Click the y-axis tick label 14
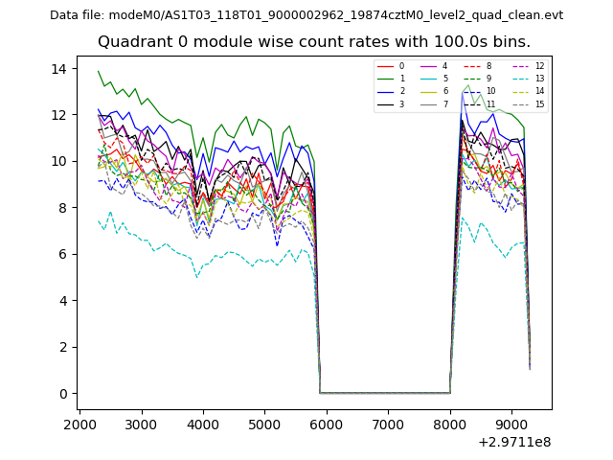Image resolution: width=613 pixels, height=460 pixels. click(57, 69)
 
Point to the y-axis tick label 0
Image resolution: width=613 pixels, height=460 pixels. click(60, 394)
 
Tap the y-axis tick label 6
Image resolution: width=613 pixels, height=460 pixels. click(60, 255)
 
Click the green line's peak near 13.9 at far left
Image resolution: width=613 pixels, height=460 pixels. click(99, 71)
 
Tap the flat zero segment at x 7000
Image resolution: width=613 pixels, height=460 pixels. click(388, 393)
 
